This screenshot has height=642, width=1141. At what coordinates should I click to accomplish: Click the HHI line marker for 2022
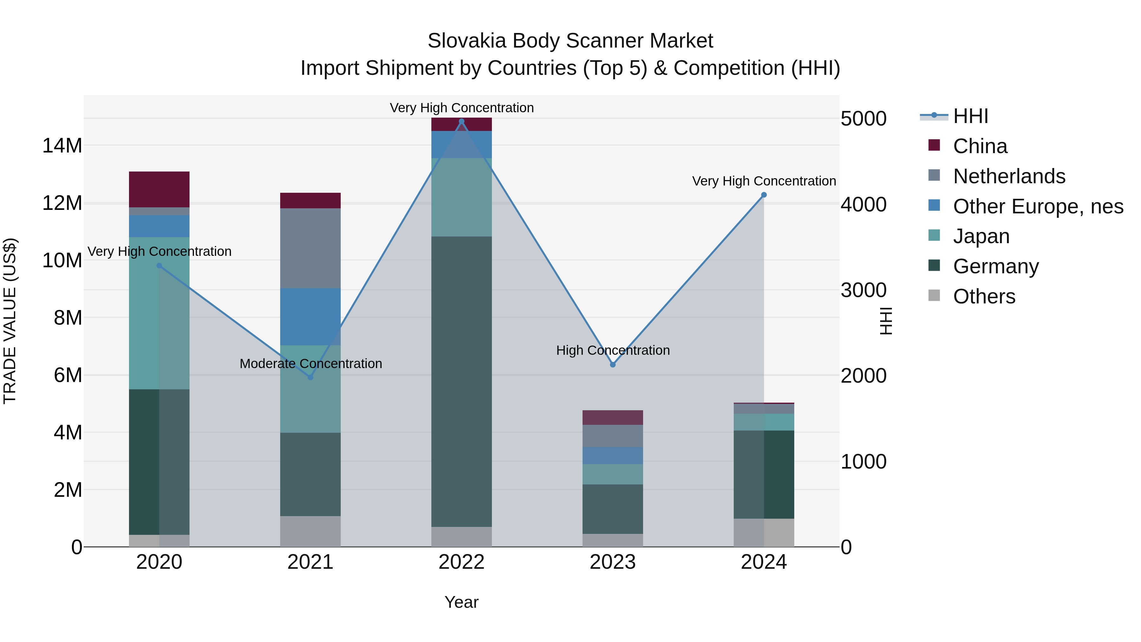(461, 121)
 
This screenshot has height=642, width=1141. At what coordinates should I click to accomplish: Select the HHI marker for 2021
(311, 377)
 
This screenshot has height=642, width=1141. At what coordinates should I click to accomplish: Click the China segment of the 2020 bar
(159, 189)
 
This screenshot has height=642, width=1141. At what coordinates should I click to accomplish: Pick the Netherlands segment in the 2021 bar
(311, 248)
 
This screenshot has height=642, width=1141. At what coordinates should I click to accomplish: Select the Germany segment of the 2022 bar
(461, 381)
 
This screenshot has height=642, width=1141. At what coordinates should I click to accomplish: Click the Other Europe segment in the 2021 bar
(311, 316)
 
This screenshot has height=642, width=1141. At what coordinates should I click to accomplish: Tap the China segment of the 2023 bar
(613, 417)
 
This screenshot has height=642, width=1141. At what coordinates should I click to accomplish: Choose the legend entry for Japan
(981, 236)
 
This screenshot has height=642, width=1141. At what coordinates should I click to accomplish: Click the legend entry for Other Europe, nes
(1038, 206)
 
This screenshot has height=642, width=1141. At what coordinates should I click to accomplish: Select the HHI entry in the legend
(970, 116)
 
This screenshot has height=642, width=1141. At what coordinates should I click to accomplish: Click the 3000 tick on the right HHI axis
(863, 290)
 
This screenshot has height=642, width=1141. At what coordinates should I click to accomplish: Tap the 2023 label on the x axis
(613, 562)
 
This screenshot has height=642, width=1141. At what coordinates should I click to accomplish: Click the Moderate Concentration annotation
(311, 364)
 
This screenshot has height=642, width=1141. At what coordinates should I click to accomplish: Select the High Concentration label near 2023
(613, 350)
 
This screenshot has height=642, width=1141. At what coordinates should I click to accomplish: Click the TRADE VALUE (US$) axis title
(10, 321)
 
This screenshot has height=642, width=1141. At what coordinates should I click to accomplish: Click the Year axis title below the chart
(461, 602)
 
